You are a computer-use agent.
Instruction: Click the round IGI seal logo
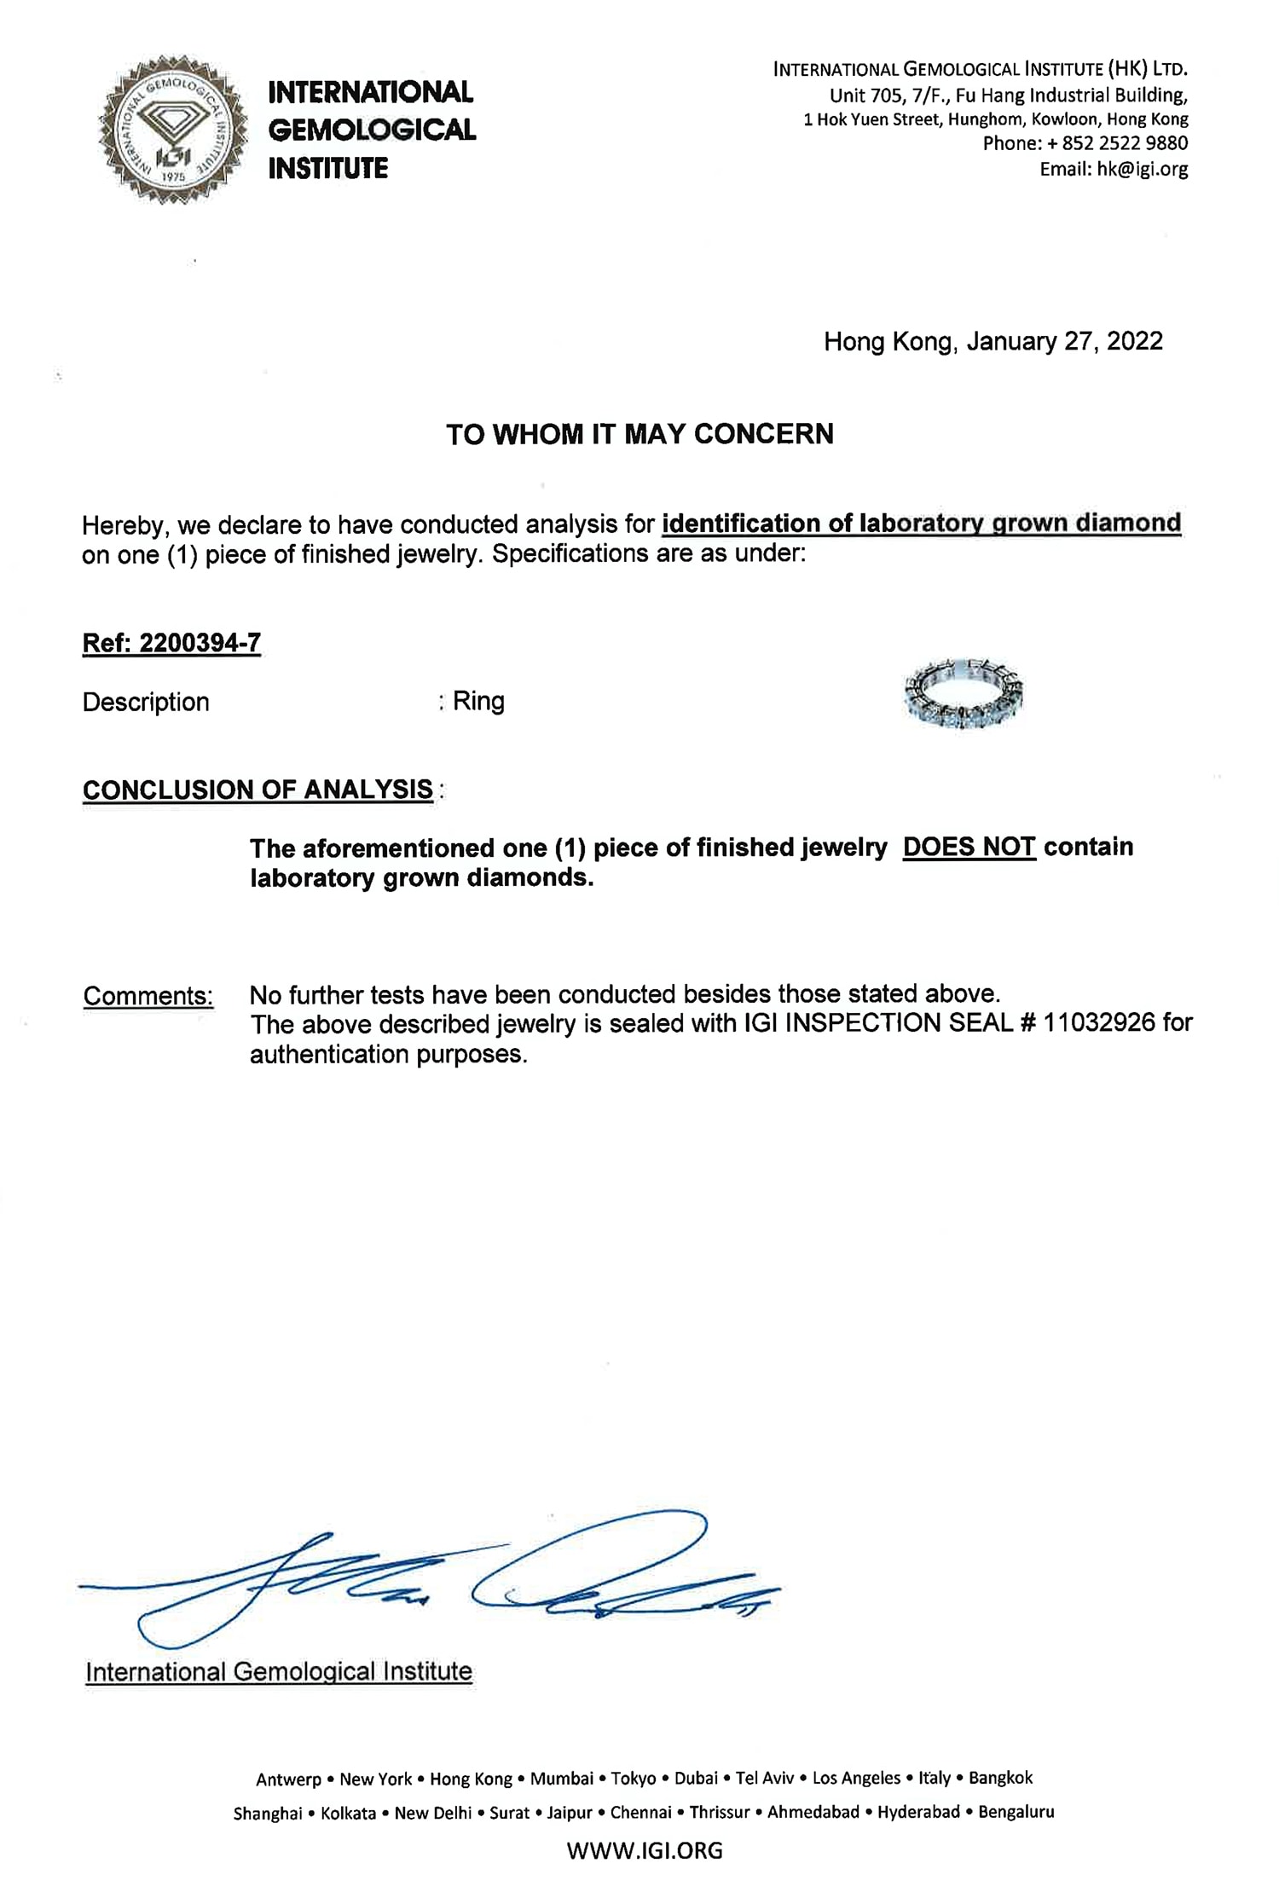click(x=173, y=130)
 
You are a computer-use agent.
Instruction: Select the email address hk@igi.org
click(x=1142, y=169)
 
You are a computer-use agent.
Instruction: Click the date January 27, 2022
click(x=1064, y=341)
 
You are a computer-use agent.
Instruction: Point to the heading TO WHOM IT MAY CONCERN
click(x=639, y=434)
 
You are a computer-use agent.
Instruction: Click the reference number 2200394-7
click(x=200, y=643)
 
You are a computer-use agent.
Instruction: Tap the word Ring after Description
click(x=478, y=701)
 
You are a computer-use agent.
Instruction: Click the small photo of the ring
click(x=963, y=693)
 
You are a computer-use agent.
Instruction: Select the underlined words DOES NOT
click(x=969, y=847)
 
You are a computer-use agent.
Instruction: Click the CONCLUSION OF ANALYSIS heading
click(x=258, y=790)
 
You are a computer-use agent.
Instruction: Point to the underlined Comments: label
click(x=148, y=995)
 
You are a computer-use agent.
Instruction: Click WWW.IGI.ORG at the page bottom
click(x=644, y=1850)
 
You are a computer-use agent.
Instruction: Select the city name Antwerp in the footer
click(x=288, y=1779)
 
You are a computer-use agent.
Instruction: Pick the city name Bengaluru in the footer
click(x=1016, y=1812)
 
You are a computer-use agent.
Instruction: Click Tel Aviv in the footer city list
click(x=765, y=1778)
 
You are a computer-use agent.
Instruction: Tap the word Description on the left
click(x=146, y=702)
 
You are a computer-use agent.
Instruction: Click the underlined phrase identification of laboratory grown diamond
click(x=921, y=523)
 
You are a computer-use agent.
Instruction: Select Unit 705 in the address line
click(x=864, y=95)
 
